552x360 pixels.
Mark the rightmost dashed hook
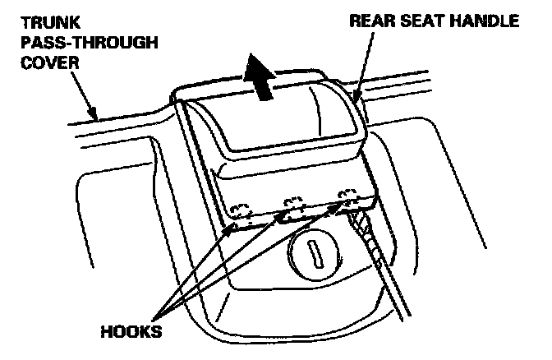point(348,199)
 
